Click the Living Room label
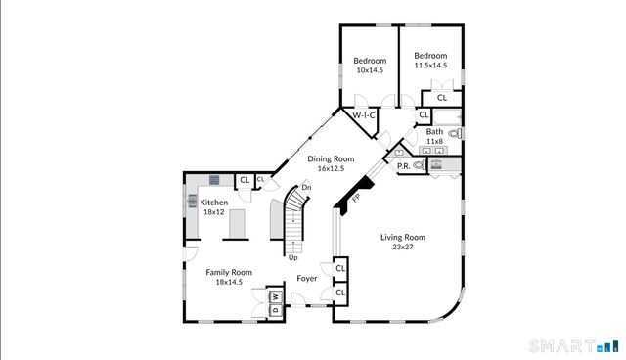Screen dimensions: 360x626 [x=402, y=237]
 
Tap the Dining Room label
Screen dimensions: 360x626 [x=331, y=158]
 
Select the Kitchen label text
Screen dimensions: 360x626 [x=214, y=202]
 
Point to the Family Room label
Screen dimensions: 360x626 [x=228, y=272]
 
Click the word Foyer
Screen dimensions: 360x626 [x=307, y=278]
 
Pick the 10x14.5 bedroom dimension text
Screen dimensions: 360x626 [x=370, y=71]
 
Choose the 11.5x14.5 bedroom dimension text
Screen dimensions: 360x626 [x=430, y=66]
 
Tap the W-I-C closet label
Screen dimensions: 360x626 [x=363, y=115]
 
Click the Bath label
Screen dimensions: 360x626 [x=434, y=131]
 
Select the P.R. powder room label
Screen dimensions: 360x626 [x=403, y=165]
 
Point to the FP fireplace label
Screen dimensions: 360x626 [x=356, y=199]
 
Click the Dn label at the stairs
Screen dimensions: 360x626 [x=306, y=187]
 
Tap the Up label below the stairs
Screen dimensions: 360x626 [x=292, y=257]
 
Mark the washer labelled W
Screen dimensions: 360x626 [x=275, y=296]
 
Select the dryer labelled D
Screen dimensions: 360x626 [x=275, y=310]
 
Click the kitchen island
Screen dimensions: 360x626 [x=236, y=224]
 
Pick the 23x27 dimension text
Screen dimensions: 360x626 [x=402, y=247]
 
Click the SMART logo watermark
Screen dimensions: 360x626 [x=560, y=345]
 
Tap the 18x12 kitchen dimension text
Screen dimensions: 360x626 [x=214, y=212]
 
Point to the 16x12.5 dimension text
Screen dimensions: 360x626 [x=331, y=168]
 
